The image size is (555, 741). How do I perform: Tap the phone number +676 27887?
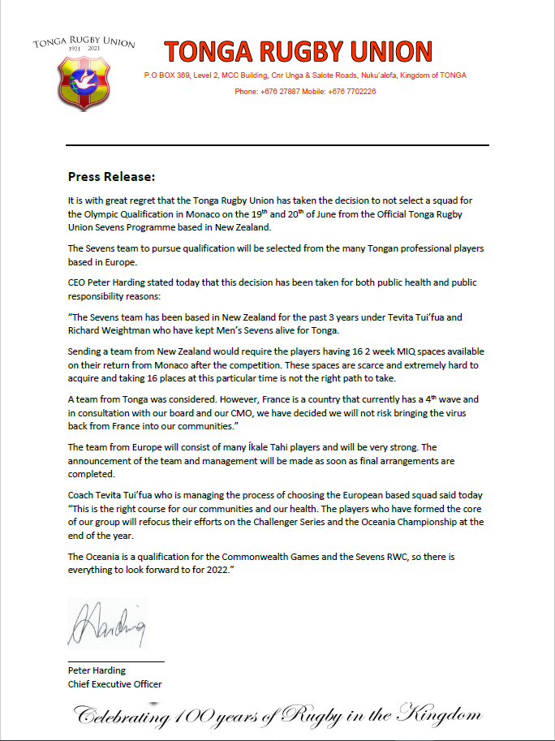(x=282, y=92)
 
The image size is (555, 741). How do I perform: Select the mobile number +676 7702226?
(x=352, y=92)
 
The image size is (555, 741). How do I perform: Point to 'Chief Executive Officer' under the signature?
(x=114, y=684)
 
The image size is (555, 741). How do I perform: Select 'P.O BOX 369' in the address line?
(x=168, y=75)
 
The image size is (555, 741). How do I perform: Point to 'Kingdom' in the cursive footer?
(x=440, y=716)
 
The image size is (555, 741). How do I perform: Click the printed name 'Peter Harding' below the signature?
(x=97, y=670)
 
